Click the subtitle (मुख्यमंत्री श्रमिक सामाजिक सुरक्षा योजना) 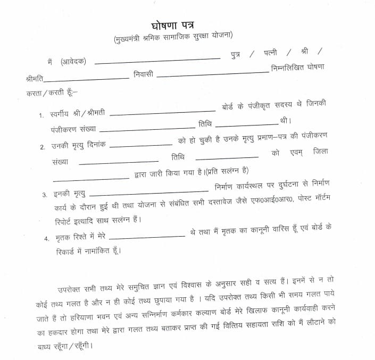(x=173, y=38)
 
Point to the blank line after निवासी (x=213, y=74)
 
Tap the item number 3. (x=45, y=195)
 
